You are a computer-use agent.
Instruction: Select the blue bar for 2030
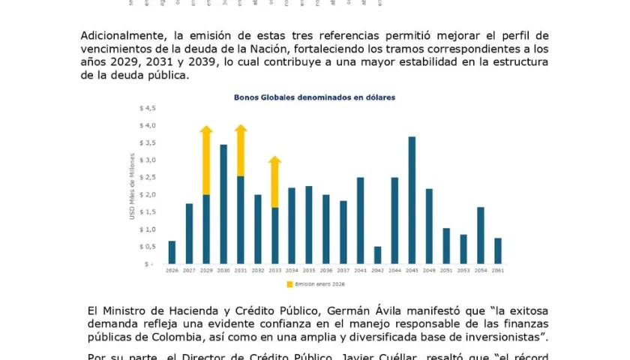[x=223, y=204]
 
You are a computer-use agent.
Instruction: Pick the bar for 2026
[x=172, y=252]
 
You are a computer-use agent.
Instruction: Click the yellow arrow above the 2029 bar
[x=206, y=160]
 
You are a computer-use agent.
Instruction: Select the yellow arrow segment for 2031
[x=241, y=151]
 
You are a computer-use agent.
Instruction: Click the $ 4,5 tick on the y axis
[x=146, y=108]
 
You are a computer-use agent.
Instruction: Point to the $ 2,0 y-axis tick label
[x=146, y=194]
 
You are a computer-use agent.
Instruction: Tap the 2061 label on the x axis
[x=498, y=270]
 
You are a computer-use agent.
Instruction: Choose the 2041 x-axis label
[x=360, y=270]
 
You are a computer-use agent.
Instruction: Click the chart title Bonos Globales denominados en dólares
[x=314, y=97]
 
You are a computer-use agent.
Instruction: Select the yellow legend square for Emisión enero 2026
[x=289, y=284]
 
